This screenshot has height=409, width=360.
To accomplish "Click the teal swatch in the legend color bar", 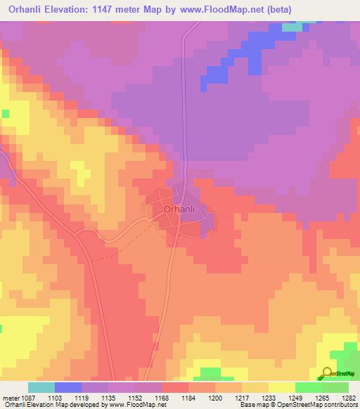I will (41, 387).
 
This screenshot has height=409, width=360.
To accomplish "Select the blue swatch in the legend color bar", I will (67, 387).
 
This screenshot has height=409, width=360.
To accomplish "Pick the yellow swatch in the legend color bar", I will (281, 387).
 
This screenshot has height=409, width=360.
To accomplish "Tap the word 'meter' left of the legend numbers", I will (11, 397).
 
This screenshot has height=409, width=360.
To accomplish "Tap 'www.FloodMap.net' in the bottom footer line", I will (133, 405).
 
